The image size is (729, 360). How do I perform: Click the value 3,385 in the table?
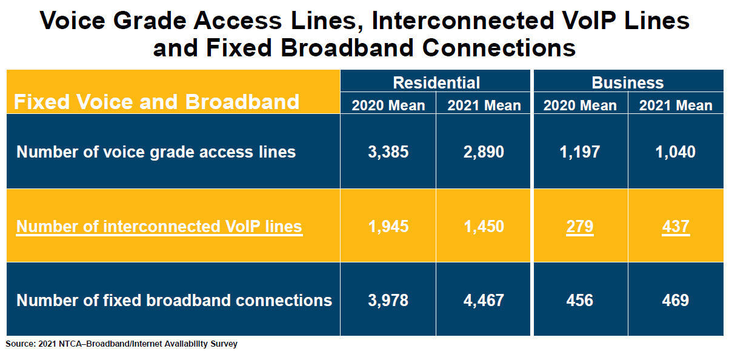[388, 152]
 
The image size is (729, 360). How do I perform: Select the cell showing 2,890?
[484, 152]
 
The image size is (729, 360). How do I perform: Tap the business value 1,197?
[579, 152]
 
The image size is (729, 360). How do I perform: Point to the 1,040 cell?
[675, 152]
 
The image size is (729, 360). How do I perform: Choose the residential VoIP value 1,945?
[388, 227]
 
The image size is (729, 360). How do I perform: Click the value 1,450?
[484, 227]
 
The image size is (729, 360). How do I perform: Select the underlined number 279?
[579, 227]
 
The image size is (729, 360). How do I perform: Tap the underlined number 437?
[676, 227]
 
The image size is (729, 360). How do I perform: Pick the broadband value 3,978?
[388, 301]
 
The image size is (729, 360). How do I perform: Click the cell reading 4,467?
[484, 301]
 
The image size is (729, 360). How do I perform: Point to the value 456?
[579, 300]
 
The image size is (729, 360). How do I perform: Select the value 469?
[676, 300]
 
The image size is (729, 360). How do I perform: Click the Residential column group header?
[436, 82]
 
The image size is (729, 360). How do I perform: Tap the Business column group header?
[628, 82]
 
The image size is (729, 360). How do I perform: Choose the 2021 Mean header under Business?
[676, 105]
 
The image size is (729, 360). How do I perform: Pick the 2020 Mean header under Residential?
[388, 105]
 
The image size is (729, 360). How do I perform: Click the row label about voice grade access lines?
[156, 152]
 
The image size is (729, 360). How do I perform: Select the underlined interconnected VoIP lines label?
[159, 227]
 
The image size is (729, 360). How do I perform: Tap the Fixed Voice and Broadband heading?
[156, 102]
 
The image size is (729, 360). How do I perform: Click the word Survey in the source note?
[224, 344]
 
